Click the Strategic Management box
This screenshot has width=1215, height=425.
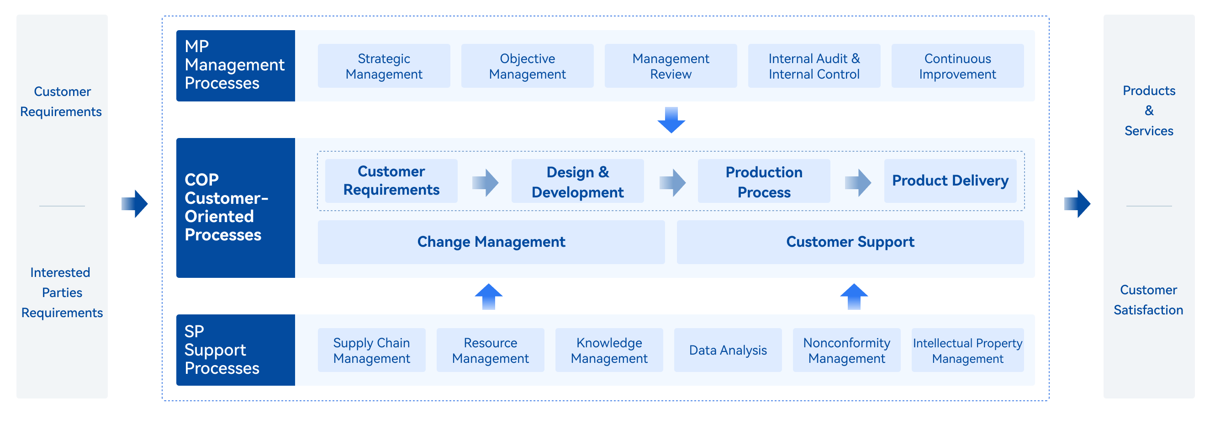point(384,66)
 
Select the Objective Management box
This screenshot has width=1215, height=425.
point(527,66)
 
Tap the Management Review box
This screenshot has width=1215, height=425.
point(671,66)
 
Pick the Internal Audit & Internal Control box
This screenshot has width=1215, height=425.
point(814,66)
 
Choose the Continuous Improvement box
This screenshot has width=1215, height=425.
point(957,66)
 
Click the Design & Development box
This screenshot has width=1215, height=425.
point(578,181)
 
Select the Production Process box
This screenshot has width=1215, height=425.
point(764,181)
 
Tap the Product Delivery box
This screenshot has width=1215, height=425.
point(951,181)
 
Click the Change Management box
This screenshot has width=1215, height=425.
point(491,242)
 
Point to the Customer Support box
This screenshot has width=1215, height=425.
point(850,242)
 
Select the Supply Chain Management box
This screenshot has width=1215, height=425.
point(372,350)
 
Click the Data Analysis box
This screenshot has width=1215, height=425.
point(728,350)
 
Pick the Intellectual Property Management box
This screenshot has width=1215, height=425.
point(968,350)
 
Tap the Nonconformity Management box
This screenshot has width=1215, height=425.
point(847,350)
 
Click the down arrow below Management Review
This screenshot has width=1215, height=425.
point(671,120)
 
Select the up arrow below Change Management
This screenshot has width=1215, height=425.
point(489,296)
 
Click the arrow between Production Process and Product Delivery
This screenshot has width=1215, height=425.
point(858,182)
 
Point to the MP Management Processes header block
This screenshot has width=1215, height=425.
point(236,65)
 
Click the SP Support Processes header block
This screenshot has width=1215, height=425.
point(236,350)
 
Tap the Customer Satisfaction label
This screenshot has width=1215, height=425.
point(1148,300)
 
